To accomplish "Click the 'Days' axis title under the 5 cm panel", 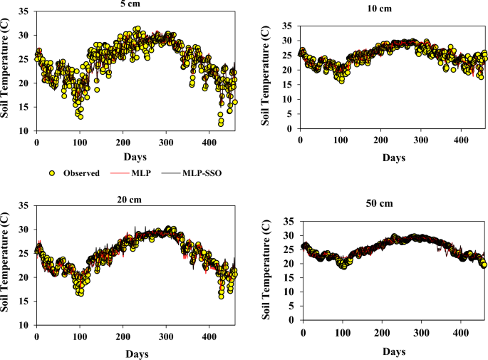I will coord(136,157).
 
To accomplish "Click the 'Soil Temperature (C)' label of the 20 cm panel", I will coord(6,264).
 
